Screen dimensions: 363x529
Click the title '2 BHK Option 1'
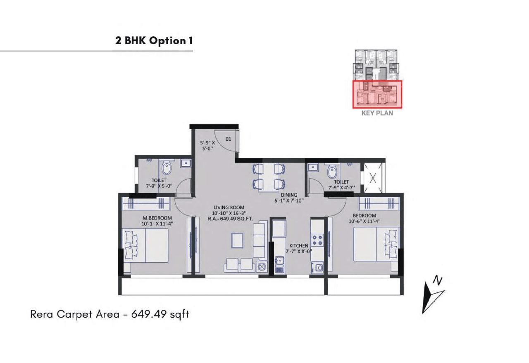(x=154, y=41)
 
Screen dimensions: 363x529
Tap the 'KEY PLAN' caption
(x=377, y=113)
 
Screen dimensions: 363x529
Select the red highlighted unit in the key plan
(x=377, y=94)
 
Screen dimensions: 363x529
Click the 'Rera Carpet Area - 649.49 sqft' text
(x=110, y=314)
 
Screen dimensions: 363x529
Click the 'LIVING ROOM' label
(x=229, y=207)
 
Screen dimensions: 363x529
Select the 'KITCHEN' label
(x=298, y=245)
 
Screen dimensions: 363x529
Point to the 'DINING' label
(x=289, y=195)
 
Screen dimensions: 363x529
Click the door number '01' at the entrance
(x=228, y=139)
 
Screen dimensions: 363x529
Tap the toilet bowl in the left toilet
(x=166, y=169)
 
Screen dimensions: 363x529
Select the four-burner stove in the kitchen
(x=317, y=240)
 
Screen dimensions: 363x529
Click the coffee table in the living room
(x=237, y=240)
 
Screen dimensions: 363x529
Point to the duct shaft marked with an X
(x=372, y=179)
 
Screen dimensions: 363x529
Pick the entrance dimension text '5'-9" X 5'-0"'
(x=207, y=146)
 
